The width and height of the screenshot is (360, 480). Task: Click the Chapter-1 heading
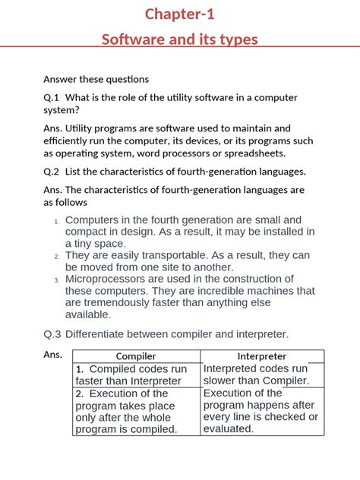pos(180,14)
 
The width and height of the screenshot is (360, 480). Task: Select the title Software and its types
pos(180,39)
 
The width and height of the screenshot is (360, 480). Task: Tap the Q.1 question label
pos(52,98)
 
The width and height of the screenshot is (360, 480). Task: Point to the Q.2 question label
pos(52,171)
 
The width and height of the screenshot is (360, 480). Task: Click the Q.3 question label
pos(52,333)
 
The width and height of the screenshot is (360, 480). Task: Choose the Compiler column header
pos(136,355)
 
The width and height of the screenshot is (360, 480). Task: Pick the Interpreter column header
pos(262,355)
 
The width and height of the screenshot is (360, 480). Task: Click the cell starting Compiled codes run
pos(136,374)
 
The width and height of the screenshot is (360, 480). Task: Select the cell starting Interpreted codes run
pos(262,374)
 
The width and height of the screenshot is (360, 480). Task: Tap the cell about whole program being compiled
pos(136,411)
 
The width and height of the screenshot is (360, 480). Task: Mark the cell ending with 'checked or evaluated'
pos(262,411)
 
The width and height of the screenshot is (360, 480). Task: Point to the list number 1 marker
pos(56,221)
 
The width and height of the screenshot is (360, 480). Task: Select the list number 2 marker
pos(56,257)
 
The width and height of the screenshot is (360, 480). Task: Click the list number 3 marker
pos(56,280)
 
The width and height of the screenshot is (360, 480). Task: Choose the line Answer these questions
pos(96,79)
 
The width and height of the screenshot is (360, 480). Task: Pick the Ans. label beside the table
pos(52,355)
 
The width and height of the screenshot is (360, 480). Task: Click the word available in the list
pos(88,314)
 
